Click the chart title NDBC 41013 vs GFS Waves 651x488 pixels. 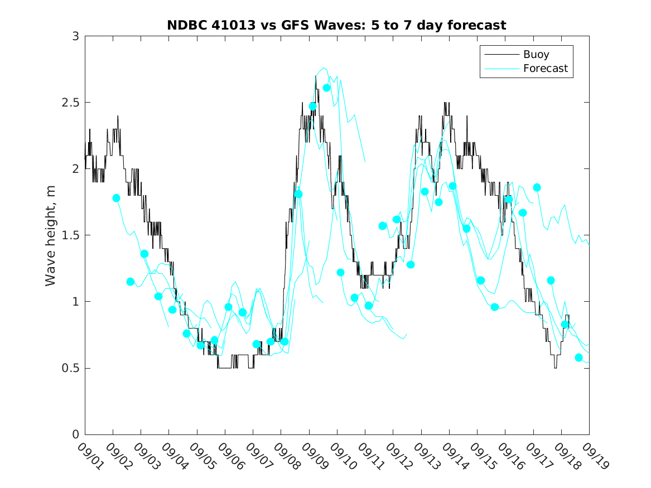[336, 25]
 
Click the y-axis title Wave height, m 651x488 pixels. [51, 235]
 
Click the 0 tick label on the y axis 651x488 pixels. [75, 434]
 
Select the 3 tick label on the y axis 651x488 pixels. [75, 36]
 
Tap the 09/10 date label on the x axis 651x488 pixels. [341, 456]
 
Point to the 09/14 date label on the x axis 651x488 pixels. [454, 456]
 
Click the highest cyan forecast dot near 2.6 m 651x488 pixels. [327, 88]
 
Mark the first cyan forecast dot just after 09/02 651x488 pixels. [116, 198]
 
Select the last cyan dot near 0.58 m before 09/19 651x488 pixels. [578, 357]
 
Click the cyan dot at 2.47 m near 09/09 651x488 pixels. [312, 106]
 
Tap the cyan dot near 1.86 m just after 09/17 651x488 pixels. [537, 187]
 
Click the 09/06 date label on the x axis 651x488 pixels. [229, 456]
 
